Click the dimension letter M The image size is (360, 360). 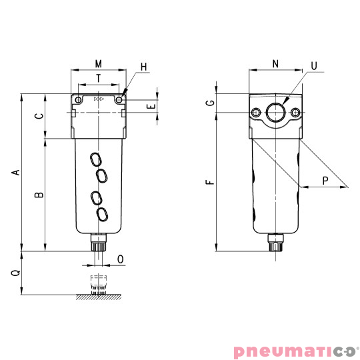click(x=98, y=64)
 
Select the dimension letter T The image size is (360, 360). click(x=99, y=78)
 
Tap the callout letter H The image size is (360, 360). click(x=143, y=67)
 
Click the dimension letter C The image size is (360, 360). click(x=39, y=116)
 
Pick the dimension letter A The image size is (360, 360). click(x=16, y=173)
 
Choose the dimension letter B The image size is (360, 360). click(x=39, y=195)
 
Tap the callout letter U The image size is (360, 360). click(x=313, y=67)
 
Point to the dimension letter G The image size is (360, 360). click(x=211, y=103)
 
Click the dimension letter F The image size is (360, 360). click(x=211, y=181)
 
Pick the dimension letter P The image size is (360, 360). click(x=325, y=181)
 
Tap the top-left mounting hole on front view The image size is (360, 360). click(x=79, y=100)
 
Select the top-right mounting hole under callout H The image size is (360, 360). click(x=119, y=100)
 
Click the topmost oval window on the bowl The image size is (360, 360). click(x=97, y=159)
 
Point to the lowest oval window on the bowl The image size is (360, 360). click(x=103, y=214)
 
